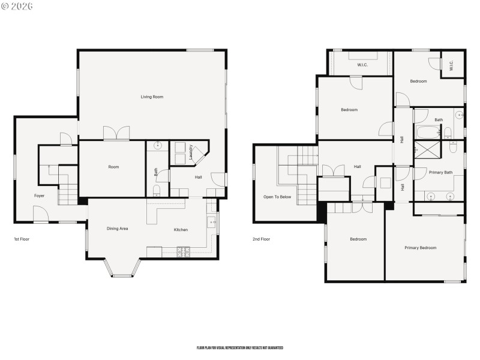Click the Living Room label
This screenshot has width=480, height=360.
pos(152,97)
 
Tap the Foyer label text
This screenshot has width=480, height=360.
pos(39,196)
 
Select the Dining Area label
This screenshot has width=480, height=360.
pos(118,229)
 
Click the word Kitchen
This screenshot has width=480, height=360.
pos(181,230)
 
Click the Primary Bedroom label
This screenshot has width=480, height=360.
pos(420,247)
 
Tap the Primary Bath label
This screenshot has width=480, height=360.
pos(440,172)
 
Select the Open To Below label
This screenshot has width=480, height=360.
pos(277,197)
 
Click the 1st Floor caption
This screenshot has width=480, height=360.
pos(22,239)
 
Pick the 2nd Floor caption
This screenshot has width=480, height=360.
pos(261,239)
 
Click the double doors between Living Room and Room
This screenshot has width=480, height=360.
pos(116,134)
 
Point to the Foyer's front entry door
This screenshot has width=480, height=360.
pos(41,214)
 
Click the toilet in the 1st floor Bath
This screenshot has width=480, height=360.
pos(157,190)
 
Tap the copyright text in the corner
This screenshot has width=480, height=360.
pos(17,6)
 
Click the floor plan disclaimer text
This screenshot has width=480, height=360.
pos(239,348)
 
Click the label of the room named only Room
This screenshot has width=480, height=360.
pos(113,167)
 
